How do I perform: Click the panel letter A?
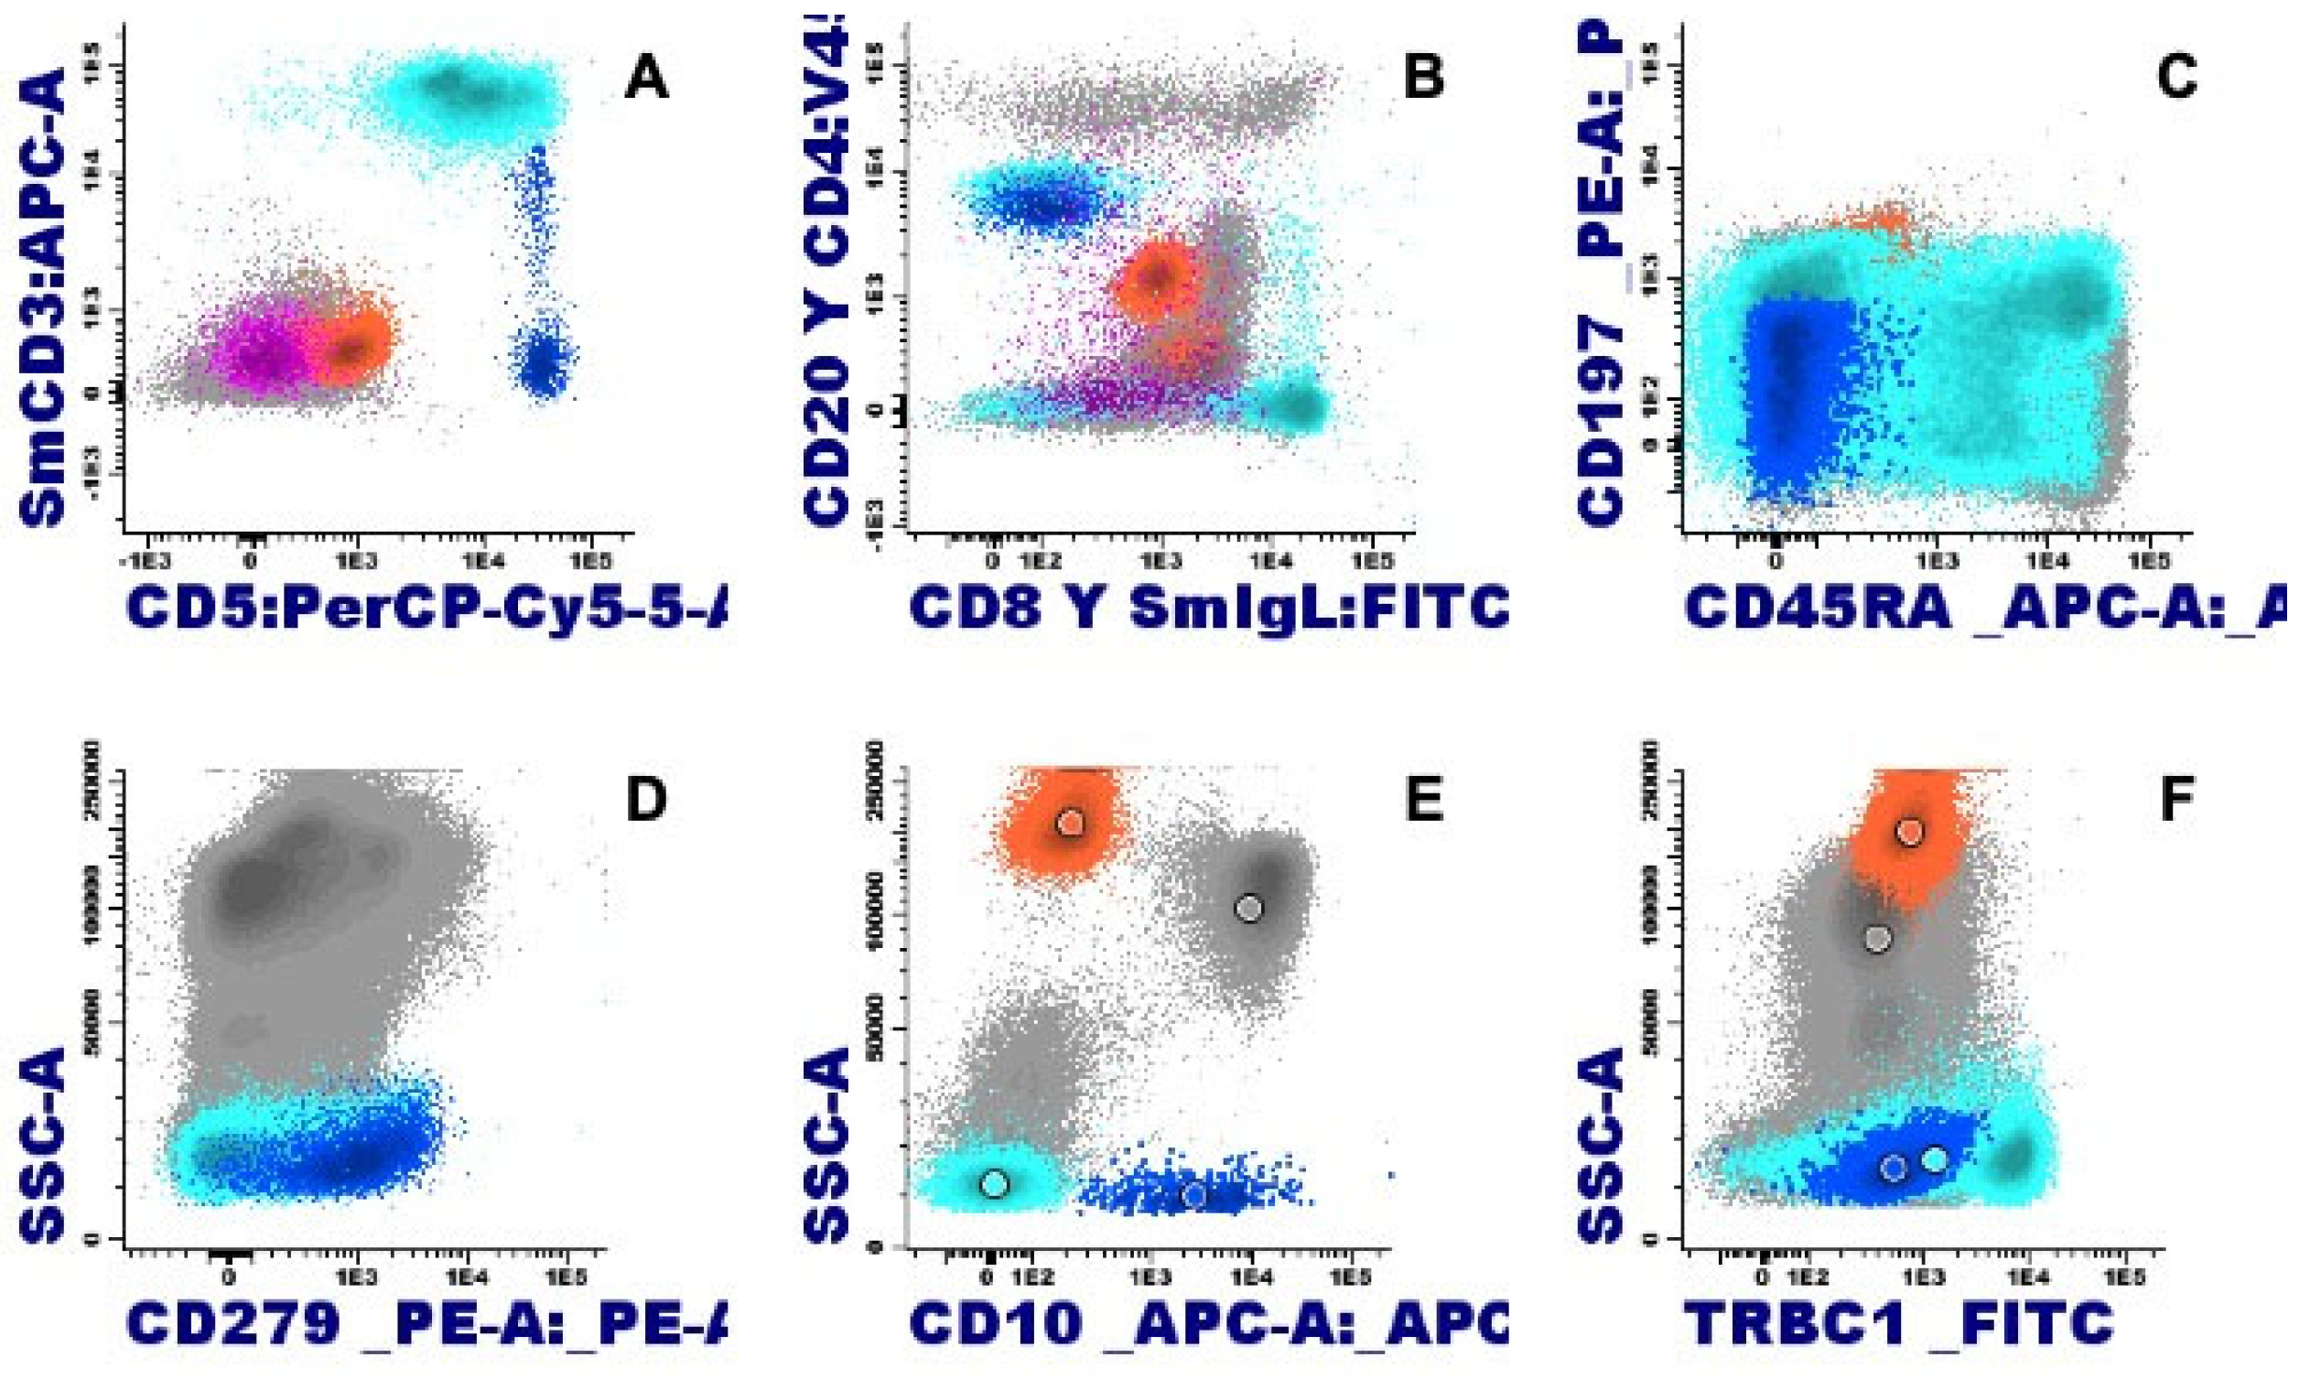647,77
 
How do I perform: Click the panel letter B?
1423,77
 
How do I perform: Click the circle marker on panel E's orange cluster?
1071,823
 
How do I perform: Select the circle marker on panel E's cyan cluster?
994,1183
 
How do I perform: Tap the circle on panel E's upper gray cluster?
1248,907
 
